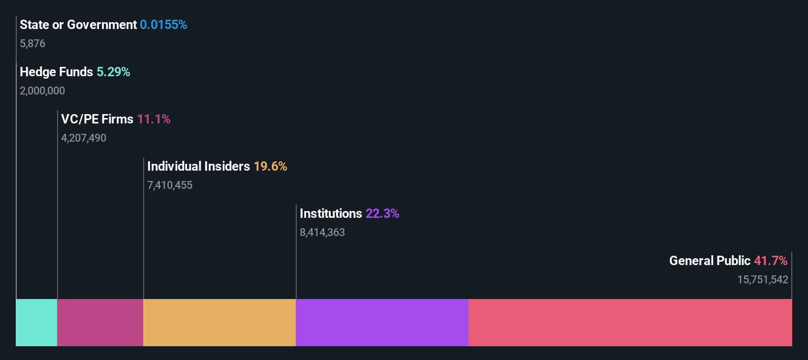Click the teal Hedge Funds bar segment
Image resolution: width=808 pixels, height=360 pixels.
click(x=36, y=323)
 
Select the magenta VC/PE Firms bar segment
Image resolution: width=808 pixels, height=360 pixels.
click(x=100, y=323)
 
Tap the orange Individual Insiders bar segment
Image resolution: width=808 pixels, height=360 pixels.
click(x=219, y=323)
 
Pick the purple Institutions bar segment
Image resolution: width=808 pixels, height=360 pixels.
click(x=382, y=323)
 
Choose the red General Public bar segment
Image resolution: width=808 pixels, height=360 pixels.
click(x=630, y=323)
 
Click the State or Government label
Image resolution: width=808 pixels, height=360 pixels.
click(x=78, y=25)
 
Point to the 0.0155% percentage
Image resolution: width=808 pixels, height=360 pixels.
click(x=163, y=25)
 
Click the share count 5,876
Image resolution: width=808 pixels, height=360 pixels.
click(x=32, y=44)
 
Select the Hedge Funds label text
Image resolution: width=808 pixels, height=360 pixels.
click(x=56, y=72)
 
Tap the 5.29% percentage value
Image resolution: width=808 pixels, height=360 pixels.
click(x=113, y=72)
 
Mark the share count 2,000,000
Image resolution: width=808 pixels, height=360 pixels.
click(x=42, y=91)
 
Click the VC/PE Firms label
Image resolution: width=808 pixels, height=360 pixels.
click(x=97, y=119)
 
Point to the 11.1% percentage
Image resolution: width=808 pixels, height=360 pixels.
click(x=154, y=119)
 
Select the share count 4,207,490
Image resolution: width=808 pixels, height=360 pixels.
click(x=84, y=138)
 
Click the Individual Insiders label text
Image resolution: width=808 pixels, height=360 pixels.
click(x=198, y=166)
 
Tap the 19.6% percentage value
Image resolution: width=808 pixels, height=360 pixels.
click(x=270, y=166)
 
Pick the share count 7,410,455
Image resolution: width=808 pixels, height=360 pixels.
click(x=170, y=185)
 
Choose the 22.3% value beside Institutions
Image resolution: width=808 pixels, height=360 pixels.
click(x=382, y=213)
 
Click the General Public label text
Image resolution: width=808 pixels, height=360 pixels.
click(x=710, y=261)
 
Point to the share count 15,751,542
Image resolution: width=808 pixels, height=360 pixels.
click(x=762, y=280)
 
